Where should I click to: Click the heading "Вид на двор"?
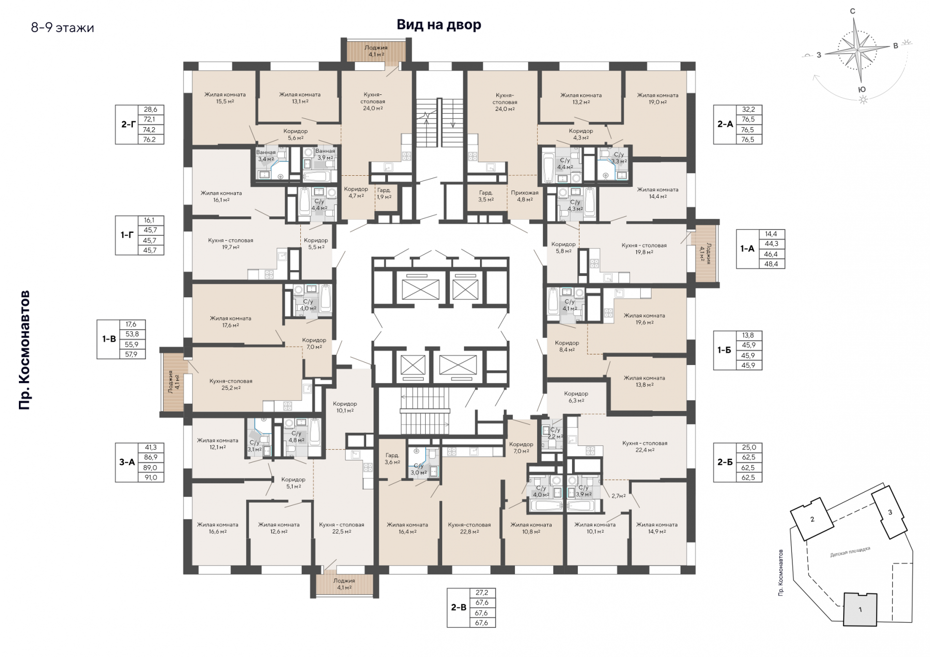tap(439, 25)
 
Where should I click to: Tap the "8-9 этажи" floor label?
tap(62, 28)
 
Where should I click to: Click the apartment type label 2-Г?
tap(128, 124)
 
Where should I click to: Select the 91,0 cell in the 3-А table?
tap(151, 477)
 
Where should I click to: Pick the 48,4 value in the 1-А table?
tap(772, 264)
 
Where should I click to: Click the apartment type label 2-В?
tap(459, 607)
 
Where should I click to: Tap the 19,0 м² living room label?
tap(658, 99)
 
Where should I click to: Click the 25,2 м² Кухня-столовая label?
tap(231, 384)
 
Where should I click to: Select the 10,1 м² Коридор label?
tap(345, 407)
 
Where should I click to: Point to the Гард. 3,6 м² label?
tap(392, 458)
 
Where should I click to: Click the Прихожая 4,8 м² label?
tap(525, 196)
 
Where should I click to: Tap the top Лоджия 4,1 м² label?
tap(376, 51)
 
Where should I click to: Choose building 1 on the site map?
tap(860, 609)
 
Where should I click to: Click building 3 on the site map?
tap(889, 512)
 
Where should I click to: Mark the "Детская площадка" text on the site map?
tap(850, 551)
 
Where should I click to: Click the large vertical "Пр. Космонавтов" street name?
tap(24, 350)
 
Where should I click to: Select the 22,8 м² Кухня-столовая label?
tap(469, 528)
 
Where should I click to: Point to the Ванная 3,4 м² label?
tap(266, 155)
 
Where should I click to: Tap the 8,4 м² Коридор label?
tap(567, 346)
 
